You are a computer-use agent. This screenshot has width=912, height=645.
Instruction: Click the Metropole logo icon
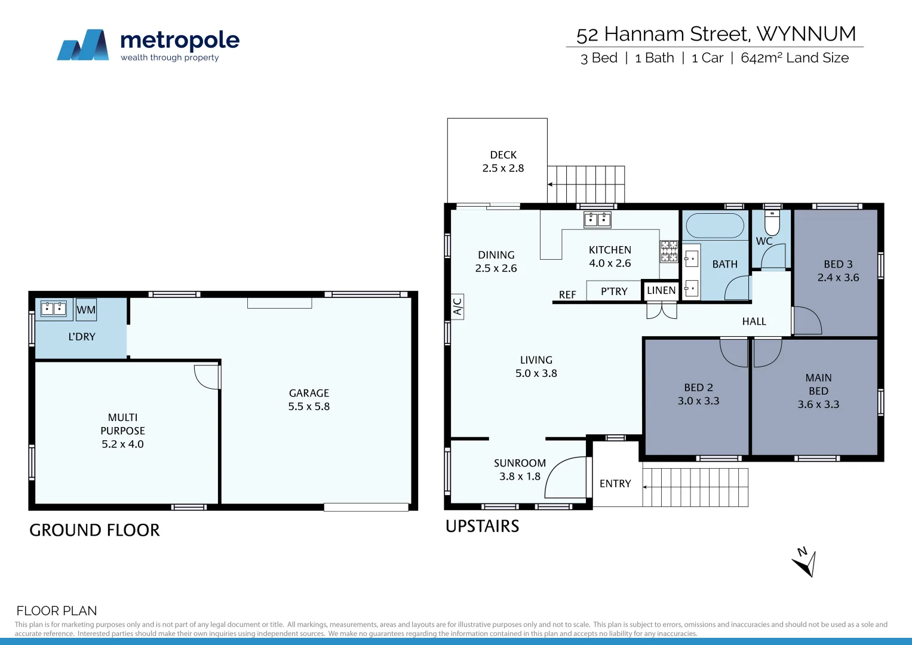point(83,45)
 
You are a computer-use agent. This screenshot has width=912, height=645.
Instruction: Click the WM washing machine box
point(86,309)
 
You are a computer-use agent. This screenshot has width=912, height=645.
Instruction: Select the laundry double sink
point(53,309)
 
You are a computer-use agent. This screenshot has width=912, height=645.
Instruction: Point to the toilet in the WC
point(772,222)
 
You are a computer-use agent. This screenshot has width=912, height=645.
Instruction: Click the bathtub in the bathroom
point(715,226)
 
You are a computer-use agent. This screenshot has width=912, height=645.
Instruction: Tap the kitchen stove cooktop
point(669,251)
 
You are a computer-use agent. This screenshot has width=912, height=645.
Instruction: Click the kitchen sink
point(597,220)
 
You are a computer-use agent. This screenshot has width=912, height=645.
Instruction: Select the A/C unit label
point(457,306)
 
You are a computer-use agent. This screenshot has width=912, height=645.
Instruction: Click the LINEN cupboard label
point(661,290)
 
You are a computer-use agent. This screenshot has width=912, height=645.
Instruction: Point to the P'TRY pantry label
point(614,291)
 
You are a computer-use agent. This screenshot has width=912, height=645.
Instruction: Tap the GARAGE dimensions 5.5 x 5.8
point(309,407)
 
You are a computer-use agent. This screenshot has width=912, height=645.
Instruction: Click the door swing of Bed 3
point(807,321)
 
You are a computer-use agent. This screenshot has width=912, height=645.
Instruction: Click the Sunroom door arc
point(566,477)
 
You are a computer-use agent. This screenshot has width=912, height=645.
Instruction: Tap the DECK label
point(503,155)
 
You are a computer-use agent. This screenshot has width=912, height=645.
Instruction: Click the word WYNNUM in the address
point(806,34)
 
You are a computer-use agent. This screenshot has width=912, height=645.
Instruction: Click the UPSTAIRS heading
point(483,526)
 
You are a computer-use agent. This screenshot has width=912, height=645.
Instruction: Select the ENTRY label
point(615,484)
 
